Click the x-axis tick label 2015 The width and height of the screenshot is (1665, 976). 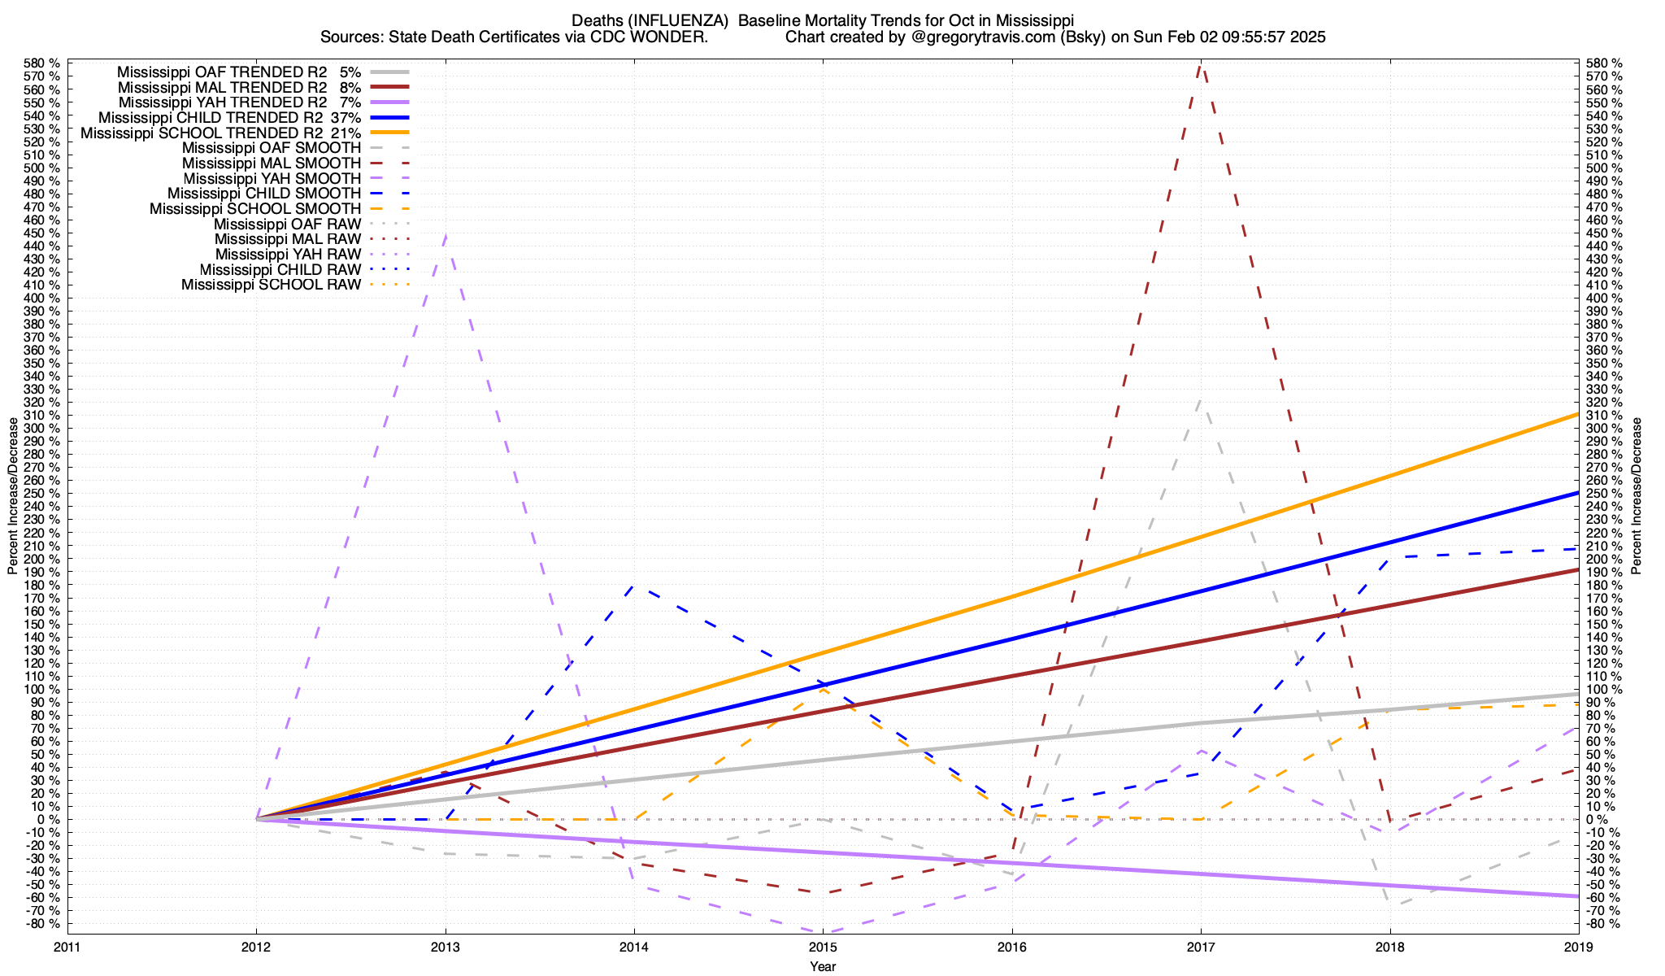[823, 947]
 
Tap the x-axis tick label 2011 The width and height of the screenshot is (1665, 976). [67, 947]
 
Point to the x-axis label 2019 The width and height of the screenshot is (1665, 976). [1578, 947]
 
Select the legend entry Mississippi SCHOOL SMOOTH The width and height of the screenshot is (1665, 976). [254, 209]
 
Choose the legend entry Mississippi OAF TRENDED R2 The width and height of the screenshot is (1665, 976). [222, 72]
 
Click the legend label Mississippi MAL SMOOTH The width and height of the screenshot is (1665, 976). [272, 163]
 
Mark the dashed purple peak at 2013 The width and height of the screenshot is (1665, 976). [446, 234]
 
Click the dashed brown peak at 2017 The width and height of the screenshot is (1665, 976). [1201, 65]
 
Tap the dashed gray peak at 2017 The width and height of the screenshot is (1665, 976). [1201, 399]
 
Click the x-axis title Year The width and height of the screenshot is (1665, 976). [823, 966]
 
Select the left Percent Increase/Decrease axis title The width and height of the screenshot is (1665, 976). [13, 496]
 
